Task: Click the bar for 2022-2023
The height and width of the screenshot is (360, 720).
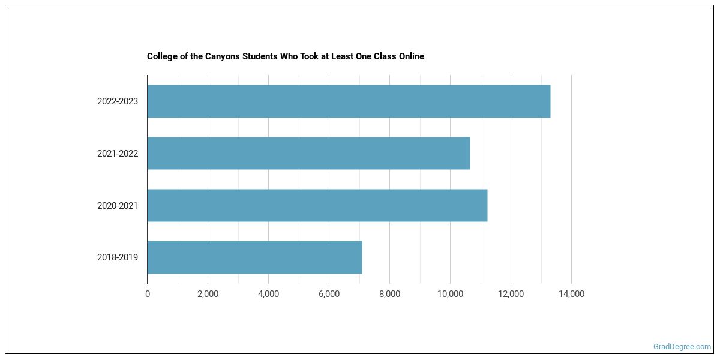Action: click(349, 101)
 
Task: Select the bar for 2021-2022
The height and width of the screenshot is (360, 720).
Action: click(308, 154)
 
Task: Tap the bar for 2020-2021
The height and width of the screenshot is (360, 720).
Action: click(317, 205)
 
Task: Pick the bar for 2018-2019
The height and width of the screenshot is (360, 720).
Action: click(254, 257)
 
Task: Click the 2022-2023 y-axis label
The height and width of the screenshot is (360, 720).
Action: click(118, 101)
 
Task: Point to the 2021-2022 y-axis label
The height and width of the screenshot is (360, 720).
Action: click(118, 154)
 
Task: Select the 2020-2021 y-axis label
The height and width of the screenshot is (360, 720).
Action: click(118, 206)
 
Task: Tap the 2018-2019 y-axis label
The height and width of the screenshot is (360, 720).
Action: click(118, 258)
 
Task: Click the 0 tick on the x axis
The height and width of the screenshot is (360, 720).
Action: click(148, 294)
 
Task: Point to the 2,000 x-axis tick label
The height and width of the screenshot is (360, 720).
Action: click(208, 294)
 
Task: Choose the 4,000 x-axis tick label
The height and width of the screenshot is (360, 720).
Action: click(268, 294)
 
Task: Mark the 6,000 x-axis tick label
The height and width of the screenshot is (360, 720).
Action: click(329, 294)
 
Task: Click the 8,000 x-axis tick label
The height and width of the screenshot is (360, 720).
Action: click(389, 294)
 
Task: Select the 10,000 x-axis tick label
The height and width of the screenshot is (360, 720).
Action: click(450, 294)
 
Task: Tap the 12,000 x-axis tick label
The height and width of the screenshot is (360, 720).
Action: click(511, 294)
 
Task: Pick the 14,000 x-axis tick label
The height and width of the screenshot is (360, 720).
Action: click(571, 294)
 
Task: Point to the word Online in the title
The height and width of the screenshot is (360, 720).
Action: click(410, 56)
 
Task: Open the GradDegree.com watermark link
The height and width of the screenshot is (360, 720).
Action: click(682, 346)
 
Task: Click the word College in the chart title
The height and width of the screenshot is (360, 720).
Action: click(162, 56)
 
